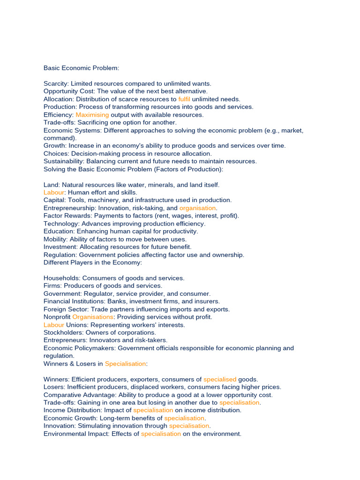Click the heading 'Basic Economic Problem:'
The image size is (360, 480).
pos(81,68)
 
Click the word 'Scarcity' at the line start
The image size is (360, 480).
pos(56,83)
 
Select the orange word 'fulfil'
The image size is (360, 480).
pos(184,99)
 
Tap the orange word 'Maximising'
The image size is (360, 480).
pos(92,114)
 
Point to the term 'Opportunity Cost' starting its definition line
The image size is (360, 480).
pos(68,91)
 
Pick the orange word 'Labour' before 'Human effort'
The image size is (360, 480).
pos(54,192)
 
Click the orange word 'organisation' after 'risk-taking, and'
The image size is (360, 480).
pos(197,208)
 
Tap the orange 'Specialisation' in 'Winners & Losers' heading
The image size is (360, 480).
pos(125,364)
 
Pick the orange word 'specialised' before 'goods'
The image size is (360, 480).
pos(220,379)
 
